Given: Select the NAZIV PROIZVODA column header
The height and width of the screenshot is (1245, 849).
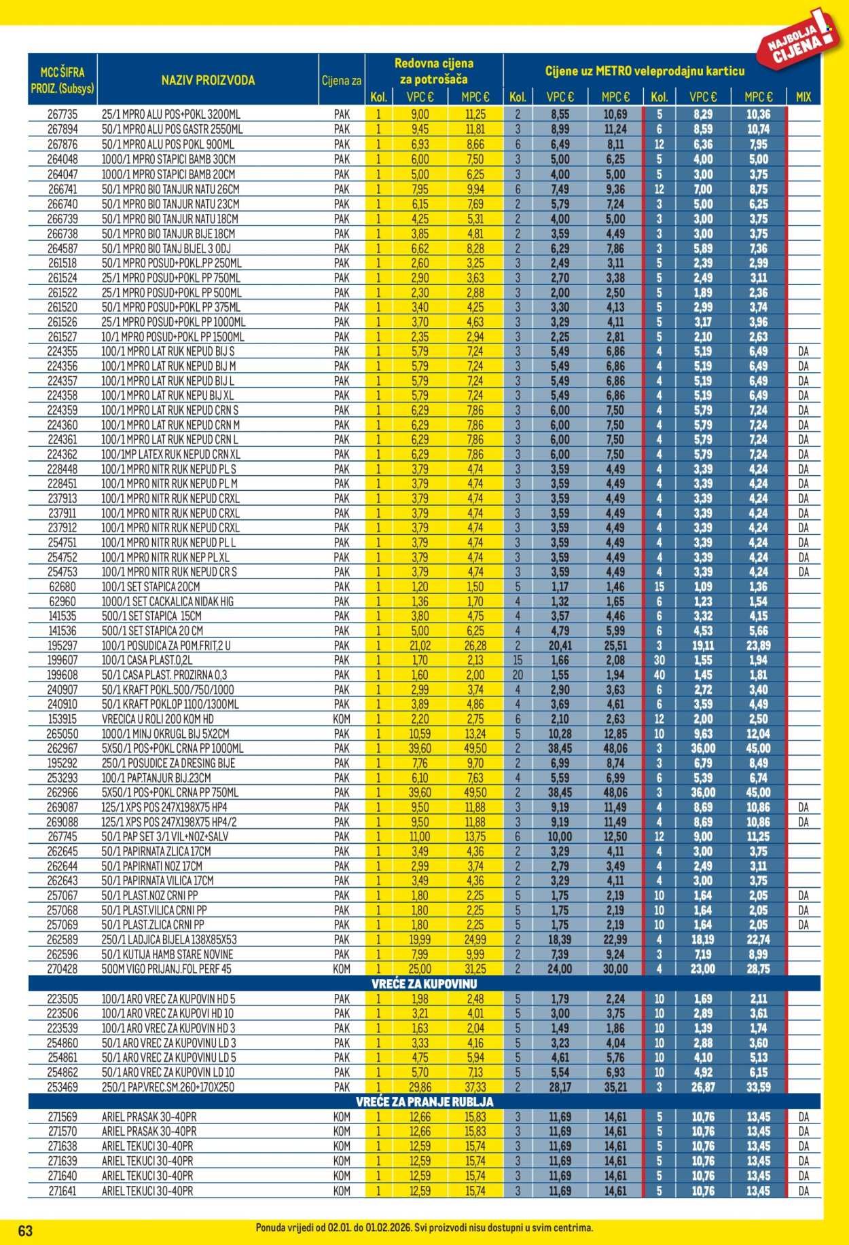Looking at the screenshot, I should [208, 80].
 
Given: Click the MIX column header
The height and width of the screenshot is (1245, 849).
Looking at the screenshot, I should [803, 97].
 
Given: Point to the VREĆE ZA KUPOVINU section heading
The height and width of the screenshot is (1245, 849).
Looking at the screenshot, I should [424, 984].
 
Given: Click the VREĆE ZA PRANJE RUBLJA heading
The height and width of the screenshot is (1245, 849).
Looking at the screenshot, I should [424, 1102].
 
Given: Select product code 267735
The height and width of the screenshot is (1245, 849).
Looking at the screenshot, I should [62, 115].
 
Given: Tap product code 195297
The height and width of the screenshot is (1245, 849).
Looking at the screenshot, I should [62, 646].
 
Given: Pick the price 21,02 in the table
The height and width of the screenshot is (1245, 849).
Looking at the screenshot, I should [419, 646].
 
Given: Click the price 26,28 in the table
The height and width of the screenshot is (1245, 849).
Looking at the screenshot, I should [475, 646].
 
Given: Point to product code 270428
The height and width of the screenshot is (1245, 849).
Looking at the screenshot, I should [62, 969].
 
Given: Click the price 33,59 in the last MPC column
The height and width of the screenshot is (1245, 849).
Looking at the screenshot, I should [758, 1087].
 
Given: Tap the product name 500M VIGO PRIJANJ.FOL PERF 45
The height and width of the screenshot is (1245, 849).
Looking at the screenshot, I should [166, 969].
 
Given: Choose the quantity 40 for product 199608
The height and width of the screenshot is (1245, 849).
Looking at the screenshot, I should [659, 675].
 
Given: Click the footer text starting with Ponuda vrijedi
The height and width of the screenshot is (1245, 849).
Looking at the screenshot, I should [424, 1227].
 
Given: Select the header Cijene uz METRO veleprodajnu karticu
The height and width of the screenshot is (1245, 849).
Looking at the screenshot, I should [645, 71].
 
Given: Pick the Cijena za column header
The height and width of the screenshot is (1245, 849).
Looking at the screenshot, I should [341, 81].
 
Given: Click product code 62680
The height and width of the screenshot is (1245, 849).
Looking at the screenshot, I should [62, 587].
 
